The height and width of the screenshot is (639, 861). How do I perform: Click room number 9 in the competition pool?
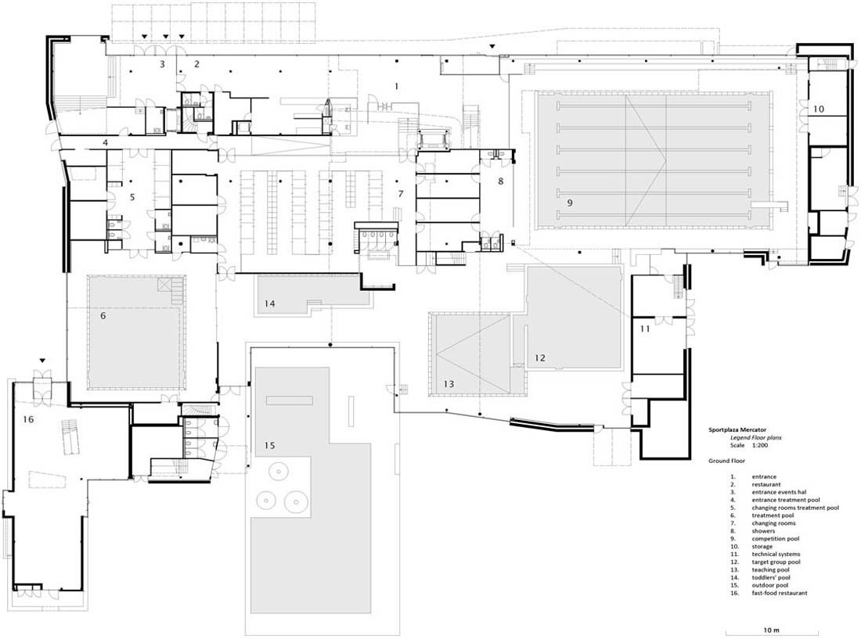[x=570, y=203]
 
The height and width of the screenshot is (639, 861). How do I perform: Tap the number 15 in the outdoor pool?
[x=269, y=445]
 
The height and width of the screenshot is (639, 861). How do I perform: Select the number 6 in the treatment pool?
[x=103, y=316]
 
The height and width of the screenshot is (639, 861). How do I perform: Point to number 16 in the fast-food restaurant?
[x=28, y=419]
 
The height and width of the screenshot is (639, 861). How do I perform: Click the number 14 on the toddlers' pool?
[x=269, y=303]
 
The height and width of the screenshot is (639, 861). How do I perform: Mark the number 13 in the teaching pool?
[x=449, y=384]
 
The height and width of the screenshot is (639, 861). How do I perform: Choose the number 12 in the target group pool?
[x=540, y=357]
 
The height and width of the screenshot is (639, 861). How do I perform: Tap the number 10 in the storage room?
[x=819, y=109]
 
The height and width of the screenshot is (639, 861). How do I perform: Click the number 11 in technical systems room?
[x=645, y=328]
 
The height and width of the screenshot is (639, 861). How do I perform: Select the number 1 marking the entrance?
[x=397, y=86]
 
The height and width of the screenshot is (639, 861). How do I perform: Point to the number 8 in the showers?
[x=501, y=181]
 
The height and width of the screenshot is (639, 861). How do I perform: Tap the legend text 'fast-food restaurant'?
[x=780, y=593]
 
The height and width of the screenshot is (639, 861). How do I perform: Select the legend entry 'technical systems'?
[x=776, y=554]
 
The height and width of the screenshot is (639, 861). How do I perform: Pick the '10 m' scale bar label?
[x=771, y=630]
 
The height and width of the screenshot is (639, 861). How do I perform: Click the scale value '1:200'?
[x=760, y=446]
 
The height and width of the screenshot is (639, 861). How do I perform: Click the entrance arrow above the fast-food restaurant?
[x=42, y=361]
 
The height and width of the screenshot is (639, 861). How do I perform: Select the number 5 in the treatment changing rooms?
[x=132, y=197]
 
